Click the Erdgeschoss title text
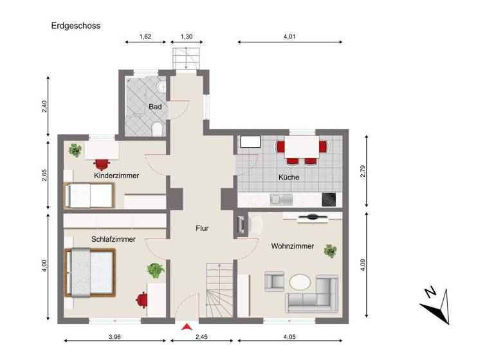click(x=76, y=26)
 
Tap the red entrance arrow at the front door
click(x=187, y=327)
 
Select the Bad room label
click(x=155, y=106)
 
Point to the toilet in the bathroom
click(x=156, y=130)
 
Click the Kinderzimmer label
click(x=116, y=175)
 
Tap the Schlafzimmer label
click(x=113, y=239)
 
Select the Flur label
click(x=203, y=228)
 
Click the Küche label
click(x=288, y=177)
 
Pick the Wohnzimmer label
click(x=292, y=246)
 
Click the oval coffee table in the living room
click(x=300, y=282)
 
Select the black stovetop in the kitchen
click(x=329, y=199)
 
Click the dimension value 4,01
click(x=289, y=37)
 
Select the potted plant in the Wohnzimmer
click(x=331, y=250)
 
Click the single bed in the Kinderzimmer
click(x=89, y=194)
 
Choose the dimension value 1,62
click(x=145, y=37)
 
